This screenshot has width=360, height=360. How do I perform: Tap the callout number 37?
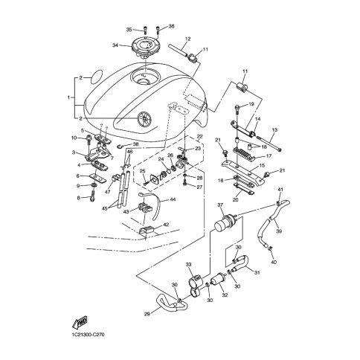click(220, 205)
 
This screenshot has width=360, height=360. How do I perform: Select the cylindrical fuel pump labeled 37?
click(225, 222)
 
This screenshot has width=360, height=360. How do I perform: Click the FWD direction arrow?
click(80, 322)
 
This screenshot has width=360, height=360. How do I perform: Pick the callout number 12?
click(187, 39)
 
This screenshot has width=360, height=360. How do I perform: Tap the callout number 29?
click(147, 314)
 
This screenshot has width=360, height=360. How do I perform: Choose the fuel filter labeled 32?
click(217, 282)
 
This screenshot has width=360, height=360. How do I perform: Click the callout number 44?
click(173, 199)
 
